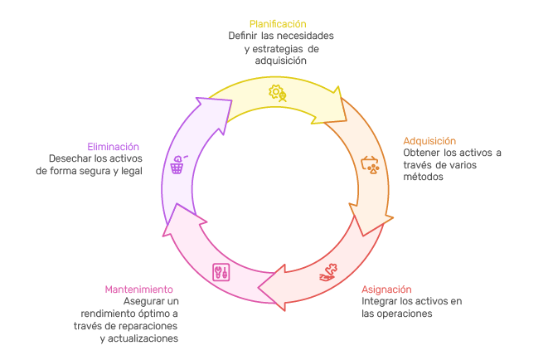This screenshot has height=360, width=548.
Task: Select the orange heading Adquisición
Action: coord(429,141)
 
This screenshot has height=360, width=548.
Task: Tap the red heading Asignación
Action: coord(386,289)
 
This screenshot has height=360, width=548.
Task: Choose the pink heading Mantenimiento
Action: coord(138,289)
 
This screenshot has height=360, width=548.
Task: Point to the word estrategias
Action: coord(285,49)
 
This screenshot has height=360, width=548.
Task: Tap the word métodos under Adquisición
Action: coord(423,178)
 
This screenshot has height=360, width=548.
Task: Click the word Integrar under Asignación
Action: coord(381,301)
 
